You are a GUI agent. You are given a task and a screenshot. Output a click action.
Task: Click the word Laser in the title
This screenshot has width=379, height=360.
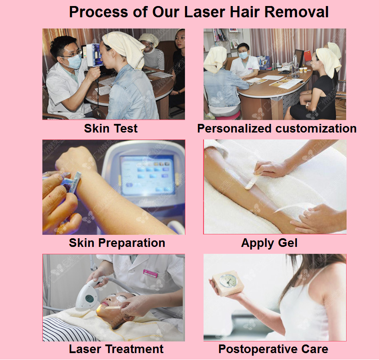[x=205, y=12]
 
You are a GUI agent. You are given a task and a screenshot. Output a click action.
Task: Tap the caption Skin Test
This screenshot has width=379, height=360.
[x=111, y=128]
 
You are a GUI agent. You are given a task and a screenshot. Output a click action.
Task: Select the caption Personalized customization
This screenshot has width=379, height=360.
[x=277, y=129]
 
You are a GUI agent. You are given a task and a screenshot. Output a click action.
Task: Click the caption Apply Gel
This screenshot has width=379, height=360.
[x=269, y=243]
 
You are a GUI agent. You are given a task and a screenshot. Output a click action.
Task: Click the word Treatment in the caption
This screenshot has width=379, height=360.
[x=135, y=349]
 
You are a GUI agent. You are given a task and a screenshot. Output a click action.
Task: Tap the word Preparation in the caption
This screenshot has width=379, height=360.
[x=131, y=243]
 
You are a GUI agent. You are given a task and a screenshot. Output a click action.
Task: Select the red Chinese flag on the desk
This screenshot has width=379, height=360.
[x=307, y=56]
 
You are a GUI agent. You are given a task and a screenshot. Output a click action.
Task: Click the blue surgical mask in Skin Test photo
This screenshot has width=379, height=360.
[x=74, y=62]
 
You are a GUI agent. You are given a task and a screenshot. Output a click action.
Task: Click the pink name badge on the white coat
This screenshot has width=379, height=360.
[x=150, y=273]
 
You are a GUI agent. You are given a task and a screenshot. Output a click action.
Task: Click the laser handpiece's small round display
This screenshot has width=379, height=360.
[x=89, y=299]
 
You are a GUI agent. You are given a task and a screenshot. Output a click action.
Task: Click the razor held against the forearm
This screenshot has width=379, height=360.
[x=73, y=182]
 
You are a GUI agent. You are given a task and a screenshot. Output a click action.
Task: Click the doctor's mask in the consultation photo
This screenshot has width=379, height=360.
[x=243, y=56]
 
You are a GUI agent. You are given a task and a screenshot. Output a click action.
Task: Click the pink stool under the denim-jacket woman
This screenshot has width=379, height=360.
[x=229, y=115]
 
